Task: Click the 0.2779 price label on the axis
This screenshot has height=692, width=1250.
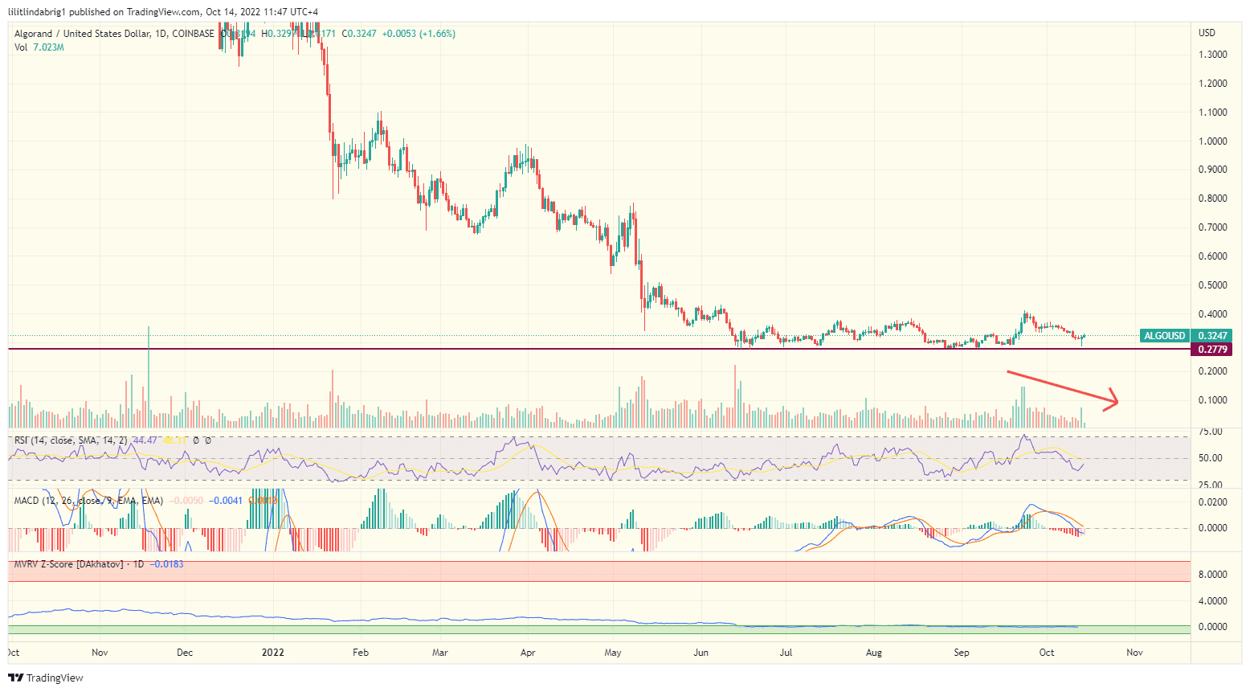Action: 1212,350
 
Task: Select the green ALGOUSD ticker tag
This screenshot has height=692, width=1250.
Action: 1164,336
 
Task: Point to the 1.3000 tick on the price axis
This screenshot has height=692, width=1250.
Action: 1212,55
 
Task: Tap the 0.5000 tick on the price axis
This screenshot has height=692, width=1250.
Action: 1212,285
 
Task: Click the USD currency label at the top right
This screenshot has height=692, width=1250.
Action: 1207,33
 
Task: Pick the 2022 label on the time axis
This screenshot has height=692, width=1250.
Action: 273,653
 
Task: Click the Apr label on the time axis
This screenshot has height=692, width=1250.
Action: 528,653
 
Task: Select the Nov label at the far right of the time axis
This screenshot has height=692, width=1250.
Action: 1134,653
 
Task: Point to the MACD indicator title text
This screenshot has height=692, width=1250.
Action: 26,501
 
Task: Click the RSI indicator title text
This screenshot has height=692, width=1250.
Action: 22,440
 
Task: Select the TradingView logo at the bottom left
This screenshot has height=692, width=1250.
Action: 46,678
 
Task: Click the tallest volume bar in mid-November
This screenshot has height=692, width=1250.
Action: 149,378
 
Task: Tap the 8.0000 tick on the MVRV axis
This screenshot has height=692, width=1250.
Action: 1212,575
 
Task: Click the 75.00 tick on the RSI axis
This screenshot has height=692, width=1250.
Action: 1210,432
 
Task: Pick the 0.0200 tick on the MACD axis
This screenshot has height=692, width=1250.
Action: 1212,502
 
